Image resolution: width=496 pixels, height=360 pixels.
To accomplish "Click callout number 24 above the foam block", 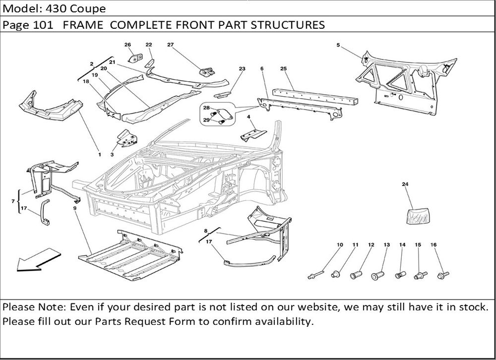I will point(405,184).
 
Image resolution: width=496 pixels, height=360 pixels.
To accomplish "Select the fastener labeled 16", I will point(442,273).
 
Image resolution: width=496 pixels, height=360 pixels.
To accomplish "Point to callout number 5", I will point(338,45).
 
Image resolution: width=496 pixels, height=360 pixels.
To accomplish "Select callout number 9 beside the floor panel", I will point(74,208).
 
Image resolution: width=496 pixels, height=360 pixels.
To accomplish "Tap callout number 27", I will point(170,45).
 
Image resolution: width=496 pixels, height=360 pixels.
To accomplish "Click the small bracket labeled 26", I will point(133,59).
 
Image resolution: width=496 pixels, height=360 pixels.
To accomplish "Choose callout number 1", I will point(99,155).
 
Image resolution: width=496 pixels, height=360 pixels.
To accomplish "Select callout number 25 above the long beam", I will point(284,68).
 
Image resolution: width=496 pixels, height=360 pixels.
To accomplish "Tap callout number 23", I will point(242,68).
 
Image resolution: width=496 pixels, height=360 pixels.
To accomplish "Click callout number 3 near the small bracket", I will point(112,155).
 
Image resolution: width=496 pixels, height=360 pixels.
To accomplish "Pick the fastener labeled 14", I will point(401,274).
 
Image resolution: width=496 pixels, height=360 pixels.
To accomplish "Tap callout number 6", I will point(261,68).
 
